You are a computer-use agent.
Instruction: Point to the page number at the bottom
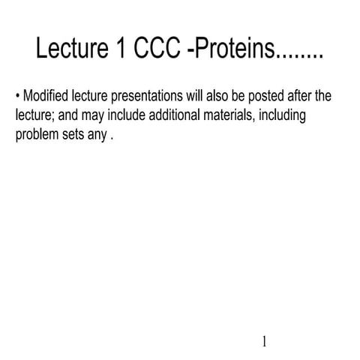(x=265, y=342)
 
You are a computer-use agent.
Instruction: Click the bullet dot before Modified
(x=18, y=97)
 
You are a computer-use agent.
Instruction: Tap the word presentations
(x=148, y=97)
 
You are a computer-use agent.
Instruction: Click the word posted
(x=264, y=97)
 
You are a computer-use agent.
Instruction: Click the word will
(x=196, y=97)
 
